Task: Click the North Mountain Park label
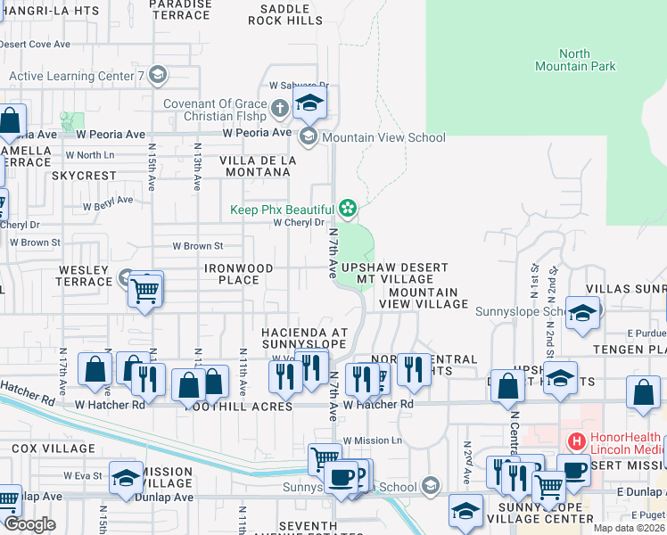[575, 60]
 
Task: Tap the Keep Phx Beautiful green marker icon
[347, 210]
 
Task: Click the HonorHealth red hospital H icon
[576, 440]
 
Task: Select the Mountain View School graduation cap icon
[309, 136]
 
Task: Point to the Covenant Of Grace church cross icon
[280, 110]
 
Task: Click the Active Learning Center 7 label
[77, 77]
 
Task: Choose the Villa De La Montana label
[258, 165]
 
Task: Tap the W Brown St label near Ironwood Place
[197, 245]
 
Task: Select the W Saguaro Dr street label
[299, 86]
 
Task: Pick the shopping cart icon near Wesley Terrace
[144, 289]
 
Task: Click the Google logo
[30, 524]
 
